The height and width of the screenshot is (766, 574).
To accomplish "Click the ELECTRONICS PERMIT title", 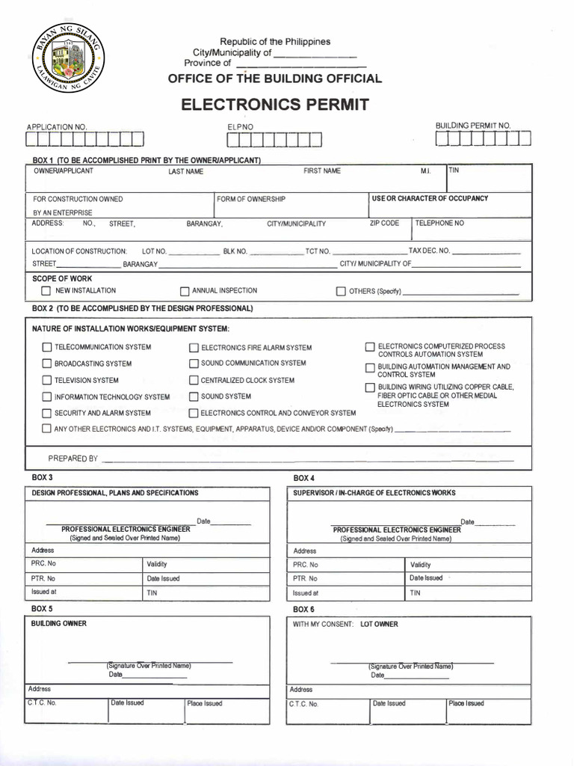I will click(x=275, y=104).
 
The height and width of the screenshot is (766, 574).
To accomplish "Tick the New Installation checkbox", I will click(x=46, y=291).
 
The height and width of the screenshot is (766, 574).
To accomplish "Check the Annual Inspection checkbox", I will click(x=185, y=292).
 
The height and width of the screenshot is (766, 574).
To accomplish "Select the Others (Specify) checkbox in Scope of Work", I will click(x=341, y=292).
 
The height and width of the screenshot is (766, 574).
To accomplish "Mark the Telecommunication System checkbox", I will click(x=47, y=348).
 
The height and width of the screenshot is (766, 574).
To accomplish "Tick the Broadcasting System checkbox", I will click(x=47, y=364).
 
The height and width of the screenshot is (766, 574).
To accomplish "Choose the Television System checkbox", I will click(x=47, y=381).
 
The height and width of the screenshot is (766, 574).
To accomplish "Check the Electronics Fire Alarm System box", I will click(x=194, y=348).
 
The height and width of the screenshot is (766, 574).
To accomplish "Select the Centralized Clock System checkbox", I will click(x=194, y=381).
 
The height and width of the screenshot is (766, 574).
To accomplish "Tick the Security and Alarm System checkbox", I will click(x=47, y=414).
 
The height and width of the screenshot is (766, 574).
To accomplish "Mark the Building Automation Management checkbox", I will click(x=370, y=368).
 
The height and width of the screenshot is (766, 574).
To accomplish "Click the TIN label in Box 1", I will click(x=454, y=171).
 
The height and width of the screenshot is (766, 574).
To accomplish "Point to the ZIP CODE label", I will click(x=384, y=224).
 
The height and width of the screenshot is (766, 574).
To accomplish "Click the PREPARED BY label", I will click(x=73, y=459).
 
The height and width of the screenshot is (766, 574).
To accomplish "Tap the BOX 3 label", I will click(x=42, y=477).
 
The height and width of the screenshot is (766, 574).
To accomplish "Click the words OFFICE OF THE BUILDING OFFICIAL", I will click(x=274, y=79).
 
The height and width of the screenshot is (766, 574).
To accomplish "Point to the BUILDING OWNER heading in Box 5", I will click(x=58, y=624).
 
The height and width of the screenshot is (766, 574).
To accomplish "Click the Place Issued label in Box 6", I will click(x=466, y=703).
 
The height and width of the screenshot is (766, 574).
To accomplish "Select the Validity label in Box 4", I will click(x=420, y=565).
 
